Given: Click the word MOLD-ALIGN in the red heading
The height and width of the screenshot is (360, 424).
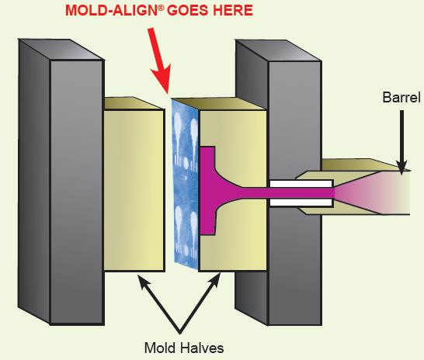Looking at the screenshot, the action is (x=113, y=11).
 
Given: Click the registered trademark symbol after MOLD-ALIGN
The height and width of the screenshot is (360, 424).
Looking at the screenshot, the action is (x=162, y=8).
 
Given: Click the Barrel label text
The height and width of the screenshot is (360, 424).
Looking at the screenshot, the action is (x=401, y=97).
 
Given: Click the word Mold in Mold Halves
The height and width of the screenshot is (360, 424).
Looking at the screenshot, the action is (x=158, y=348).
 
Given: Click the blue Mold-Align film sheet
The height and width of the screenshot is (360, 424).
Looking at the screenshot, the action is (x=186, y=185).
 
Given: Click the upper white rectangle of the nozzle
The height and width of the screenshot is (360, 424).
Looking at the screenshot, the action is (x=301, y=184).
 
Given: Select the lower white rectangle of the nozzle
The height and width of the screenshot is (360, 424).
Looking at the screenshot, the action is (x=301, y=202).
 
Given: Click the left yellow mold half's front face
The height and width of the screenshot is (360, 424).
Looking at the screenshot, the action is (x=134, y=190).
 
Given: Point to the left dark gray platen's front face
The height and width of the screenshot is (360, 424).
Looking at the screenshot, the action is (x=77, y=192).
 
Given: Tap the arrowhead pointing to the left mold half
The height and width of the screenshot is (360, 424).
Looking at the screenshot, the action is (x=143, y=281).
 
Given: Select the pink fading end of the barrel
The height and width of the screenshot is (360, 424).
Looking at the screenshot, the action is (x=374, y=193).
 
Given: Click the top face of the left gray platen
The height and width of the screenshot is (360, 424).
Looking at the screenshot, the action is (x=61, y=50).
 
